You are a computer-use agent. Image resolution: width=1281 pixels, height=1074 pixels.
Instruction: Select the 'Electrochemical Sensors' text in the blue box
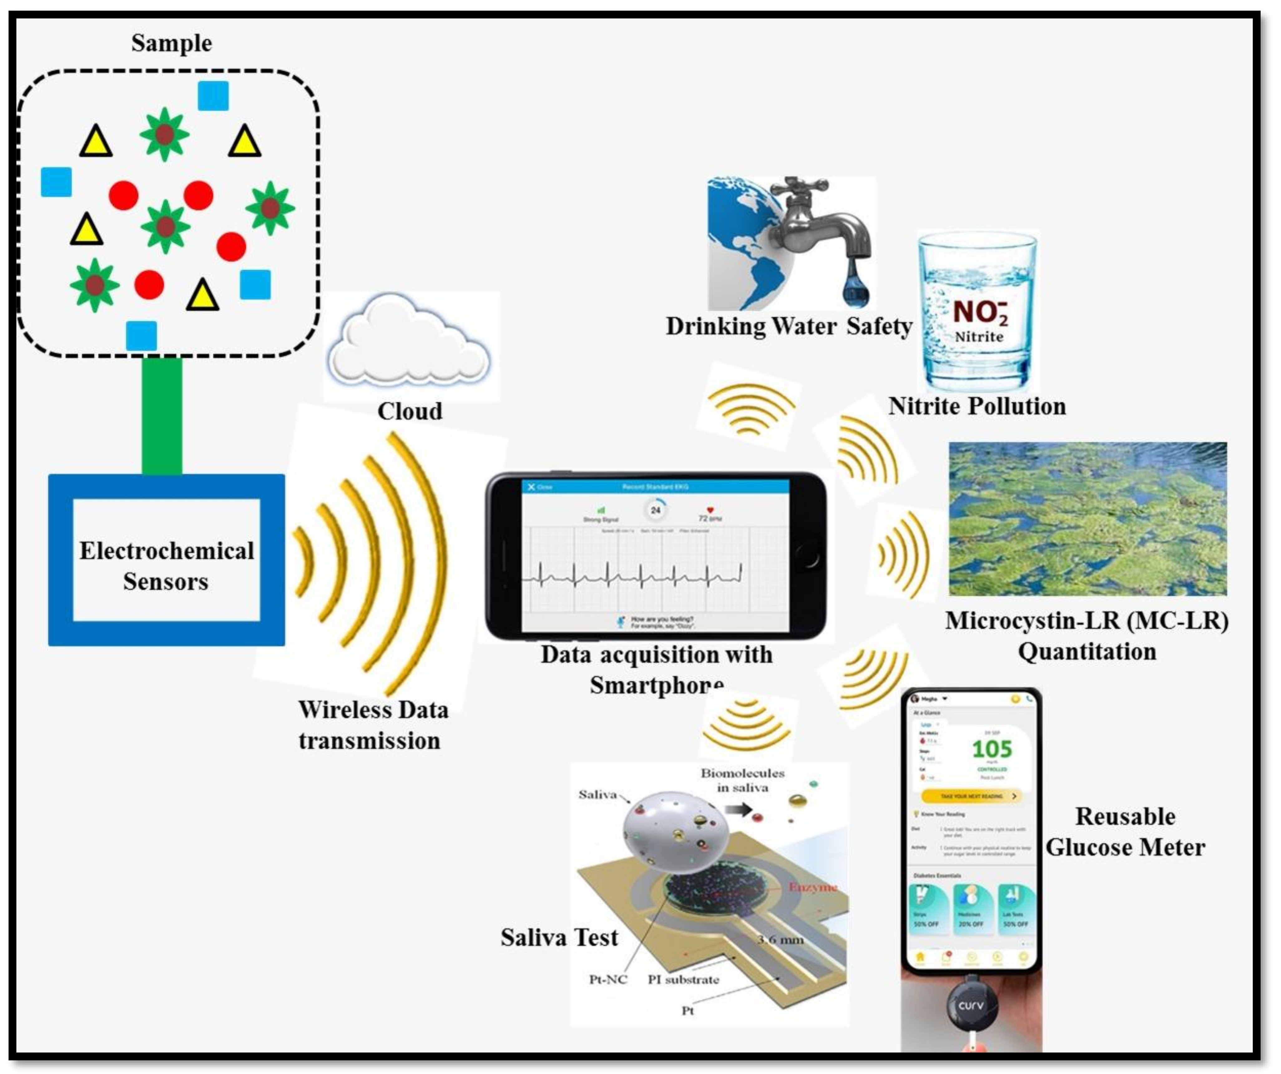tap(166, 566)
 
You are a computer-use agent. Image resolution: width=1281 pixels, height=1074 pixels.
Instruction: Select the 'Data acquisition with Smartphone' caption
tap(656, 670)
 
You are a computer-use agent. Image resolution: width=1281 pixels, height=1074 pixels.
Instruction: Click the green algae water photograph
tap(1087, 519)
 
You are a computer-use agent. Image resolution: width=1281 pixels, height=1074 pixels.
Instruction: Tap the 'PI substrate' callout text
tap(683, 979)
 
